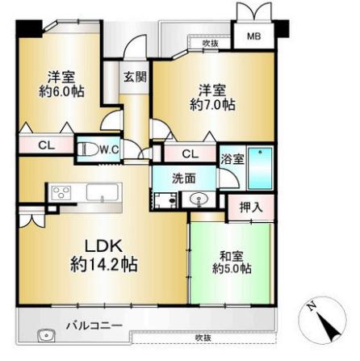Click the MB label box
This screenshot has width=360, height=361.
(253, 36)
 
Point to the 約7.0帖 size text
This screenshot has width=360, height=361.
(213, 104)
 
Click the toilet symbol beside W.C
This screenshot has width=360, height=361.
(88, 149)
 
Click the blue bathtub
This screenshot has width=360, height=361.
(260, 166)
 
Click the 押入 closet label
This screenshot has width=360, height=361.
(251, 208)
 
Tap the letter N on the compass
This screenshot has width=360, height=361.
(312, 306)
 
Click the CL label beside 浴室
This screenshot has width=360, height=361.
(190, 154)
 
